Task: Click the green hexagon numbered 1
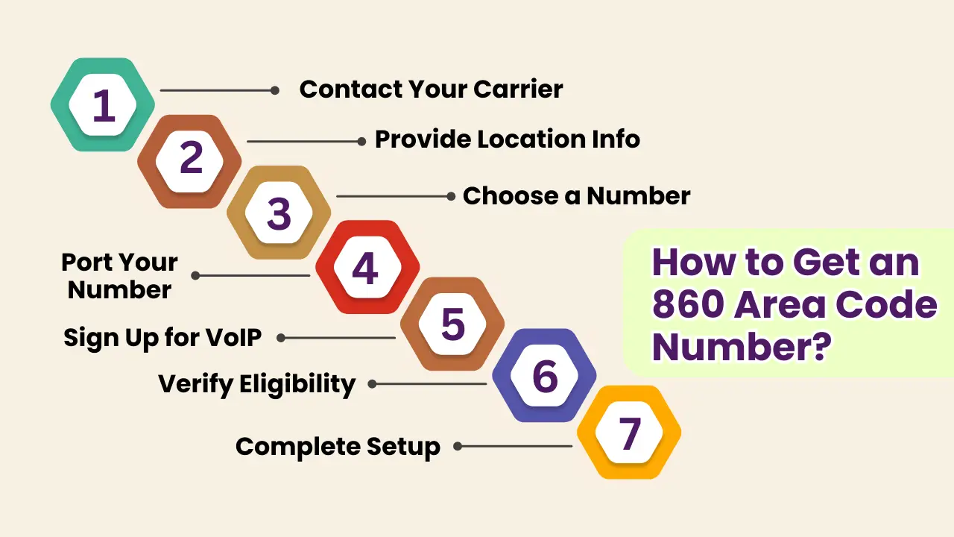click(103, 104)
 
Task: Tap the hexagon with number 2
click(190, 160)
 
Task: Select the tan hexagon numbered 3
click(279, 213)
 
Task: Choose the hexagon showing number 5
click(452, 324)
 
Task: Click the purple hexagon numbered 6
click(544, 376)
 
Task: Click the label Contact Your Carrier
click(431, 89)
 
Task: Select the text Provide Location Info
click(507, 139)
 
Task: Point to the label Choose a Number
click(576, 196)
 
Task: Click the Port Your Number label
click(119, 275)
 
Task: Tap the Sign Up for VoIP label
click(162, 338)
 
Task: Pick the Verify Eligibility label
click(256, 385)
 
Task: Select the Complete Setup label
click(338, 447)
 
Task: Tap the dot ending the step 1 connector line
click(275, 90)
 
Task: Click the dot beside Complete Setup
click(458, 447)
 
